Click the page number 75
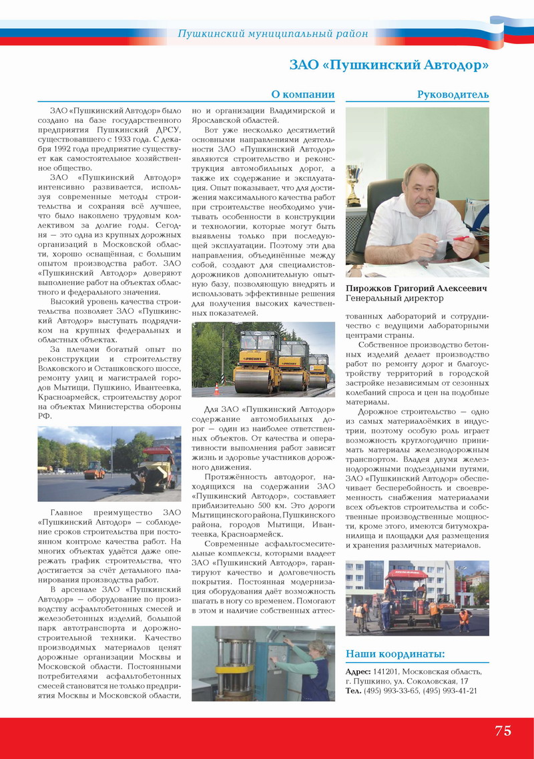click(x=503, y=730)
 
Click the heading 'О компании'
click(x=302, y=95)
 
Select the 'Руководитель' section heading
click(x=453, y=95)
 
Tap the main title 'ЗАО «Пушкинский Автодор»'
click(x=388, y=65)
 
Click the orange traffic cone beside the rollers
click(x=217, y=389)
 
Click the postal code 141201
click(x=386, y=672)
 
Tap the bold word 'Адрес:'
click(x=358, y=672)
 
